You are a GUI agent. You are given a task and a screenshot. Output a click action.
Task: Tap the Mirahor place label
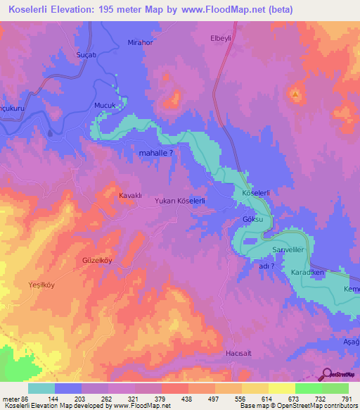[140, 43]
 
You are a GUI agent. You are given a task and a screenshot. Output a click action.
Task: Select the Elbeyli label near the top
[221, 39]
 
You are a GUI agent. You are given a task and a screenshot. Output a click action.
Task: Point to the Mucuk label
[104, 105]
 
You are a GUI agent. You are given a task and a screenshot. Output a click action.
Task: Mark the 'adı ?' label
[266, 266]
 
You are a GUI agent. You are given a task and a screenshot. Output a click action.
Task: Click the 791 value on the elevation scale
[347, 399]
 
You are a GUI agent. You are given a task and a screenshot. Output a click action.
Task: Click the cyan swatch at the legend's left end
[41, 388]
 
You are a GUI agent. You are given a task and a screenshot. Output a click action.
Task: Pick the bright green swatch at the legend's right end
[335, 388]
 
